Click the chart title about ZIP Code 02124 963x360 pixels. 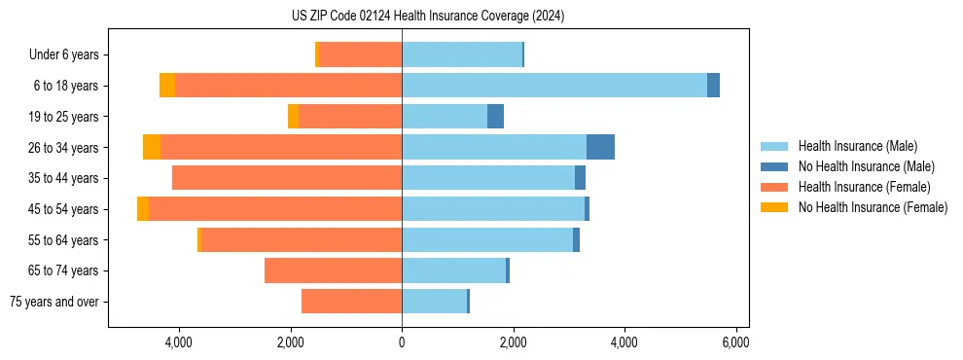pyautogui.click(x=427, y=16)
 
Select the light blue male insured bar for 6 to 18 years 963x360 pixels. pyautogui.click(x=553, y=86)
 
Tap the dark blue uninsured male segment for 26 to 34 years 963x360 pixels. pyautogui.click(x=600, y=147)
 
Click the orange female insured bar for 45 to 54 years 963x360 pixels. pyautogui.click(x=275, y=209)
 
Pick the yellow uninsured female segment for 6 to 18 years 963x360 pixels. pyautogui.click(x=167, y=86)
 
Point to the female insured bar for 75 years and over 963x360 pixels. pyautogui.click(x=351, y=302)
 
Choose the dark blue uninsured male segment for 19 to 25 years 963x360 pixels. pyautogui.click(x=495, y=117)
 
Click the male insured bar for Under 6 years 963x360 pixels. pyautogui.click(x=462, y=54)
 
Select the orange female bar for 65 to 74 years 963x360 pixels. pyautogui.click(x=333, y=270)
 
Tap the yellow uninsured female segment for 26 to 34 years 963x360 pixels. pyautogui.click(x=152, y=147)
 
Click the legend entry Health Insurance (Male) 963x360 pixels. pyautogui.click(x=857, y=146)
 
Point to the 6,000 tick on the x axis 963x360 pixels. pyautogui.click(x=735, y=342)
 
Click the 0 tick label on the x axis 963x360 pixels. pyautogui.click(x=402, y=342)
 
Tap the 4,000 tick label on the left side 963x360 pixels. pyautogui.click(x=179, y=342)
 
